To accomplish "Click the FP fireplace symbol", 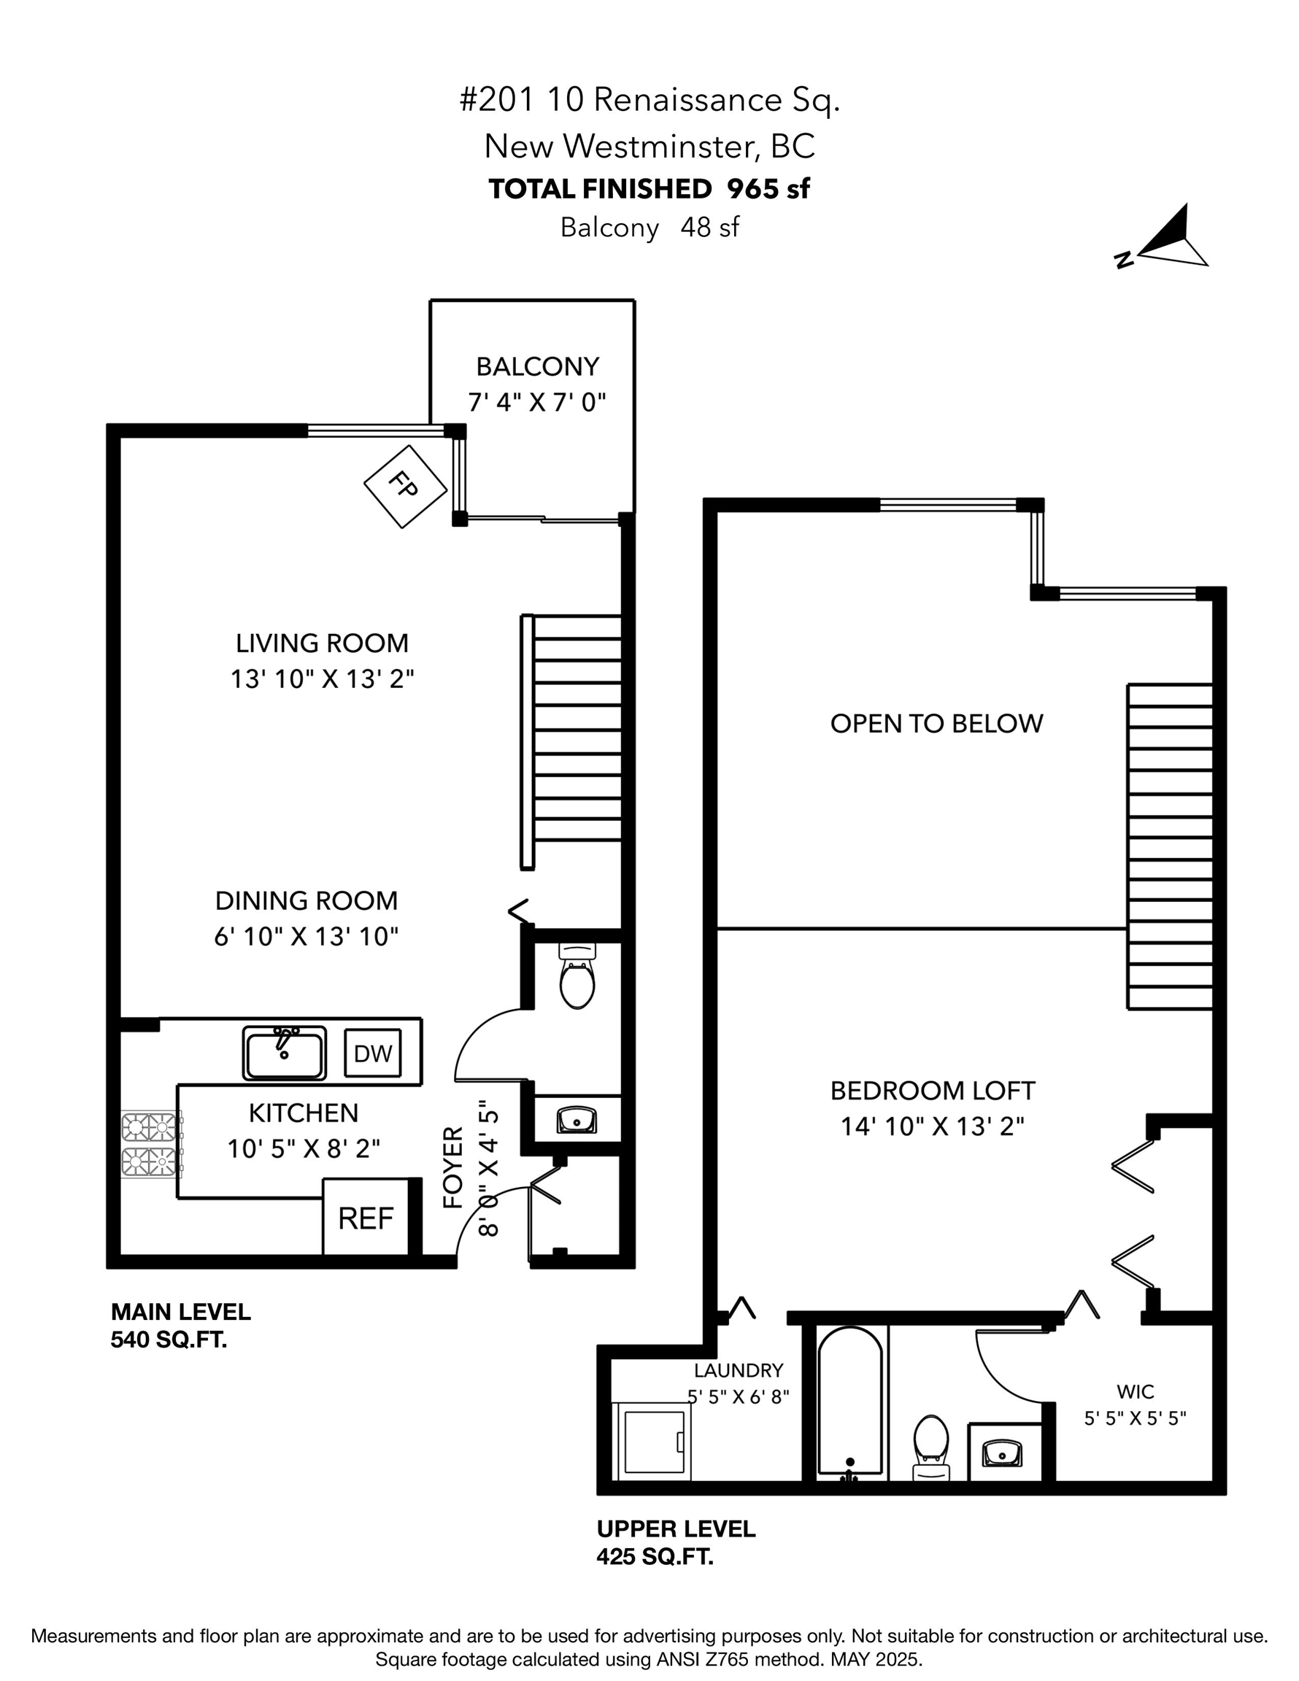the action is [405, 487].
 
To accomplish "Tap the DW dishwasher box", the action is [373, 1054].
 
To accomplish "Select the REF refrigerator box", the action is [366, 1218].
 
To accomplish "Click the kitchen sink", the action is [284, 1053].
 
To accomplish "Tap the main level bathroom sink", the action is [577, 1119].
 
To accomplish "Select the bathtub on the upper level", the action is [850, 1403].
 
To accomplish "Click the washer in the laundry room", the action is [651, 1441].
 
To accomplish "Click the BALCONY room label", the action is [537, 366].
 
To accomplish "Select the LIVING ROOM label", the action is [322, 643].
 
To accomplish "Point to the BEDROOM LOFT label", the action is [933, 1091].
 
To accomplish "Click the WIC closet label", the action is [1135, 1391].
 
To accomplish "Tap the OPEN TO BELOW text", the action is [936, 724].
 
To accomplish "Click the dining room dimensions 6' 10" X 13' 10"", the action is [307, 936].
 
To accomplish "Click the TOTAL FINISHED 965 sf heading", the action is [649, 188].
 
